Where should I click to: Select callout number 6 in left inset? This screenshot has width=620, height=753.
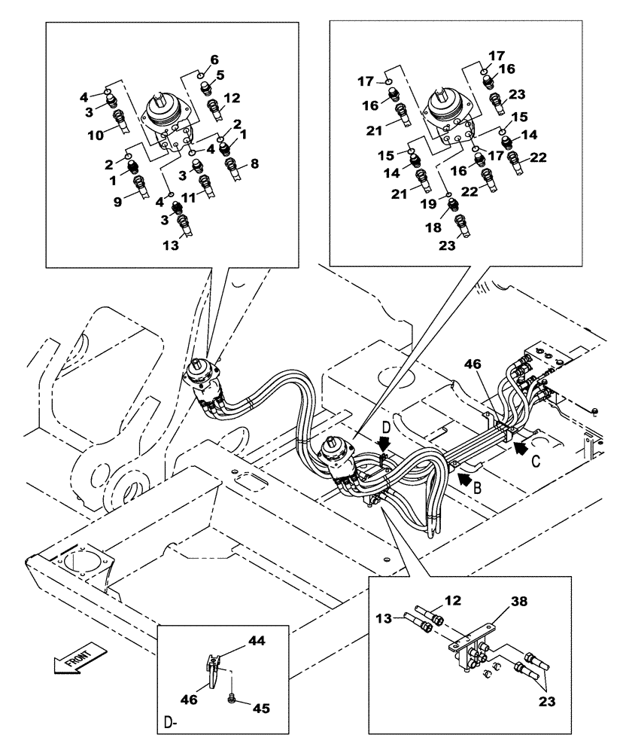click(214, 59)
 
